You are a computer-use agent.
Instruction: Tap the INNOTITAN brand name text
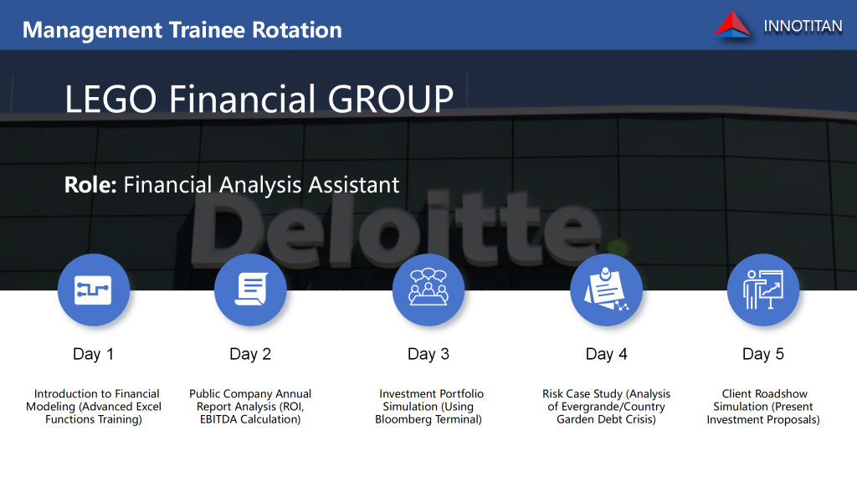803,26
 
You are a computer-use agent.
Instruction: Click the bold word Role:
90,185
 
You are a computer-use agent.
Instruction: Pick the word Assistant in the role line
354,185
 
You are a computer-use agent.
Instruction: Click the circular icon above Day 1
94,290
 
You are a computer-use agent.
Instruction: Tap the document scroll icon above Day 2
250,290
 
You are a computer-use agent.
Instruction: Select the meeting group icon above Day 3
428,290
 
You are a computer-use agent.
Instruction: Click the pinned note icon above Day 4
606,290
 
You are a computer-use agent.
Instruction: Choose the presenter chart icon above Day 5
763,290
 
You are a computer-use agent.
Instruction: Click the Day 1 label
94,354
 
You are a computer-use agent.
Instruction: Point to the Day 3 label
428,354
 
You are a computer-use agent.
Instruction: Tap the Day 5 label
763,354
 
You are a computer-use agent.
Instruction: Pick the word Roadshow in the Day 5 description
781,393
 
